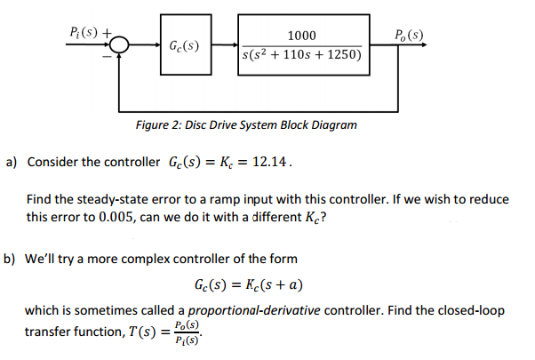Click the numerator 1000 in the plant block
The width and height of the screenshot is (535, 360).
click(x=302, y=35)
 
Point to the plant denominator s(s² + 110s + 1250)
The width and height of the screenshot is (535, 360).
click(x=301, y=55)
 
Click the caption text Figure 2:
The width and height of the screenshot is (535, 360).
click(x=157, y=124)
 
